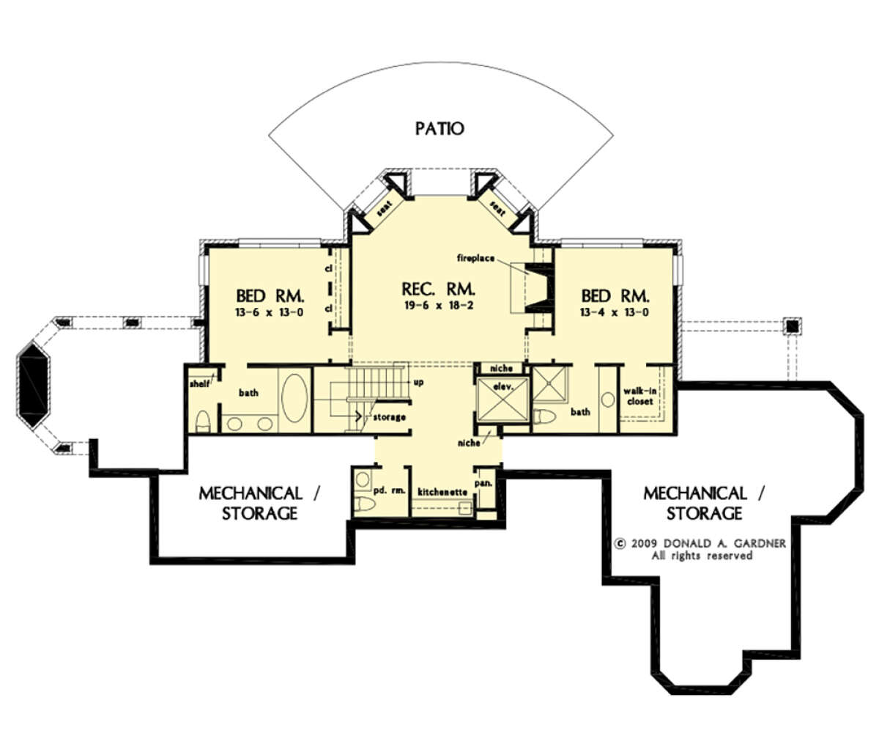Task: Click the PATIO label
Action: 439,128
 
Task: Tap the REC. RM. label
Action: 439,290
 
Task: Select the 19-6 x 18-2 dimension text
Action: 439,306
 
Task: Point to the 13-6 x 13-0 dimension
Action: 269,312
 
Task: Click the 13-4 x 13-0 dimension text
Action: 615,312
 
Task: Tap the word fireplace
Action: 476,258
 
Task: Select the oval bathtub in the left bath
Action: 294,398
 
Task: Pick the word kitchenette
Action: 442,492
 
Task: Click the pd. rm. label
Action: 389,490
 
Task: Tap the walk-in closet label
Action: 639,396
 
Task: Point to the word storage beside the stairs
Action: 389,417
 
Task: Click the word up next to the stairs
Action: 418,383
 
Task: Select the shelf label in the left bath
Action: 199,384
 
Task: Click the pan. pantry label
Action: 483,483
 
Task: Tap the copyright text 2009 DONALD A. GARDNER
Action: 700,543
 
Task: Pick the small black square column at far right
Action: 792,326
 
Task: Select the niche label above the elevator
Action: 501,368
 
